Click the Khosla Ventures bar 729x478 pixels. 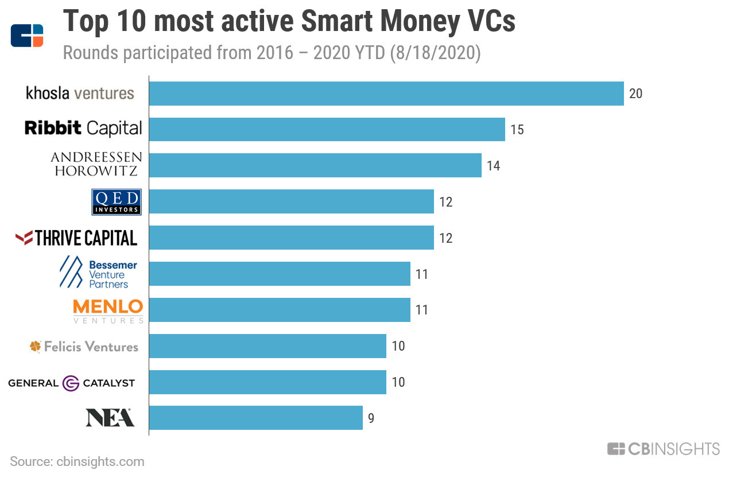[x=386, y=94]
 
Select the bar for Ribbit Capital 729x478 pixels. [x=327, y=129]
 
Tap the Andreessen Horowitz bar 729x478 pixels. [x=315, y=165]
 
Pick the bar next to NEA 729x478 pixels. [x=256, y=418]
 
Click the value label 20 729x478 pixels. [x=635, y=94]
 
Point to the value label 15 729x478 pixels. [x=517, y=130]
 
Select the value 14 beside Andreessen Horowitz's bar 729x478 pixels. [x=494, y=166]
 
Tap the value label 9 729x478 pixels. [x=371, y=418]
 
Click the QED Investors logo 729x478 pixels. [x=117, y=202]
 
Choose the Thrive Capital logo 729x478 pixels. [x=76, y=238]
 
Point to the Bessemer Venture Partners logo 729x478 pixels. [x=98, y=272]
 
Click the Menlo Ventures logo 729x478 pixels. [x=108, y=312]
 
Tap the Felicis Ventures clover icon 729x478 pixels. [x=36, y=347]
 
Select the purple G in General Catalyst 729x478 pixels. [x=71, y=383]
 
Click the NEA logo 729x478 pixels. [x=110, y=418]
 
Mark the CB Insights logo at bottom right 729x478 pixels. [x=664, y=449]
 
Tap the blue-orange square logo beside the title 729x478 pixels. [x=27, y=36]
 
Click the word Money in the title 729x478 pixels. [x=420, y=21]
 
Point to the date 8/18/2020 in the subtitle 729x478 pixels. [x=436, y=53]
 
